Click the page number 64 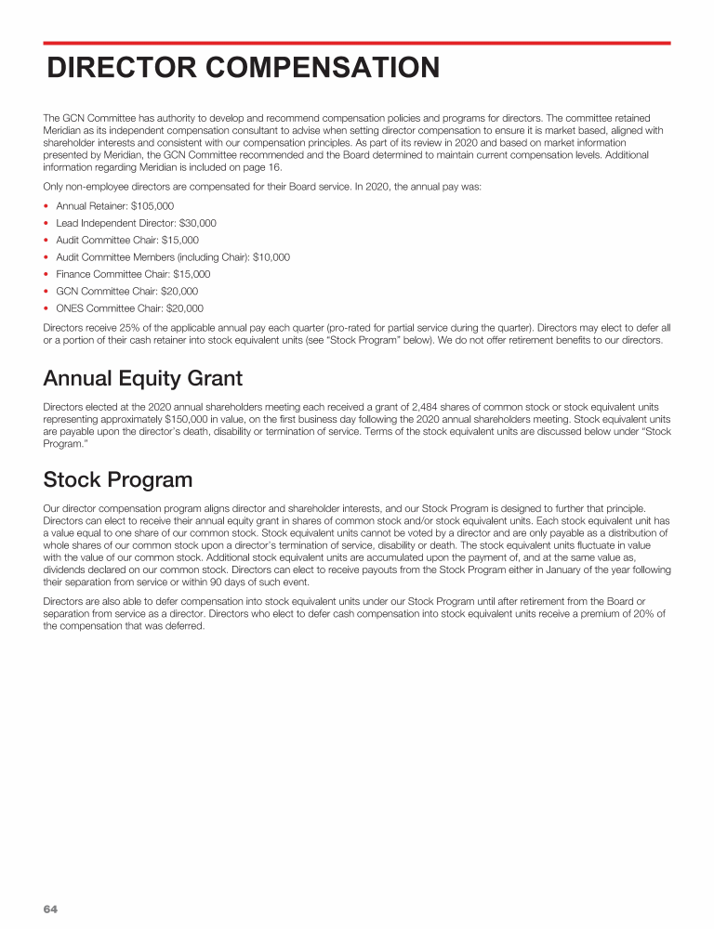(50, 909)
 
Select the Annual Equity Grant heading (142, 378)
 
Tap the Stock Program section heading (117, 479)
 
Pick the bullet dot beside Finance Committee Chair (46, 275)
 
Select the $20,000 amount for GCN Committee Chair (179, 292)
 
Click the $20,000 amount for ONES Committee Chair (185, 308)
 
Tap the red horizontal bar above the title (357, 43)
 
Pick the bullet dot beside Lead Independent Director (46, 224)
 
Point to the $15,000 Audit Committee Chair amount (179, 241)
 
